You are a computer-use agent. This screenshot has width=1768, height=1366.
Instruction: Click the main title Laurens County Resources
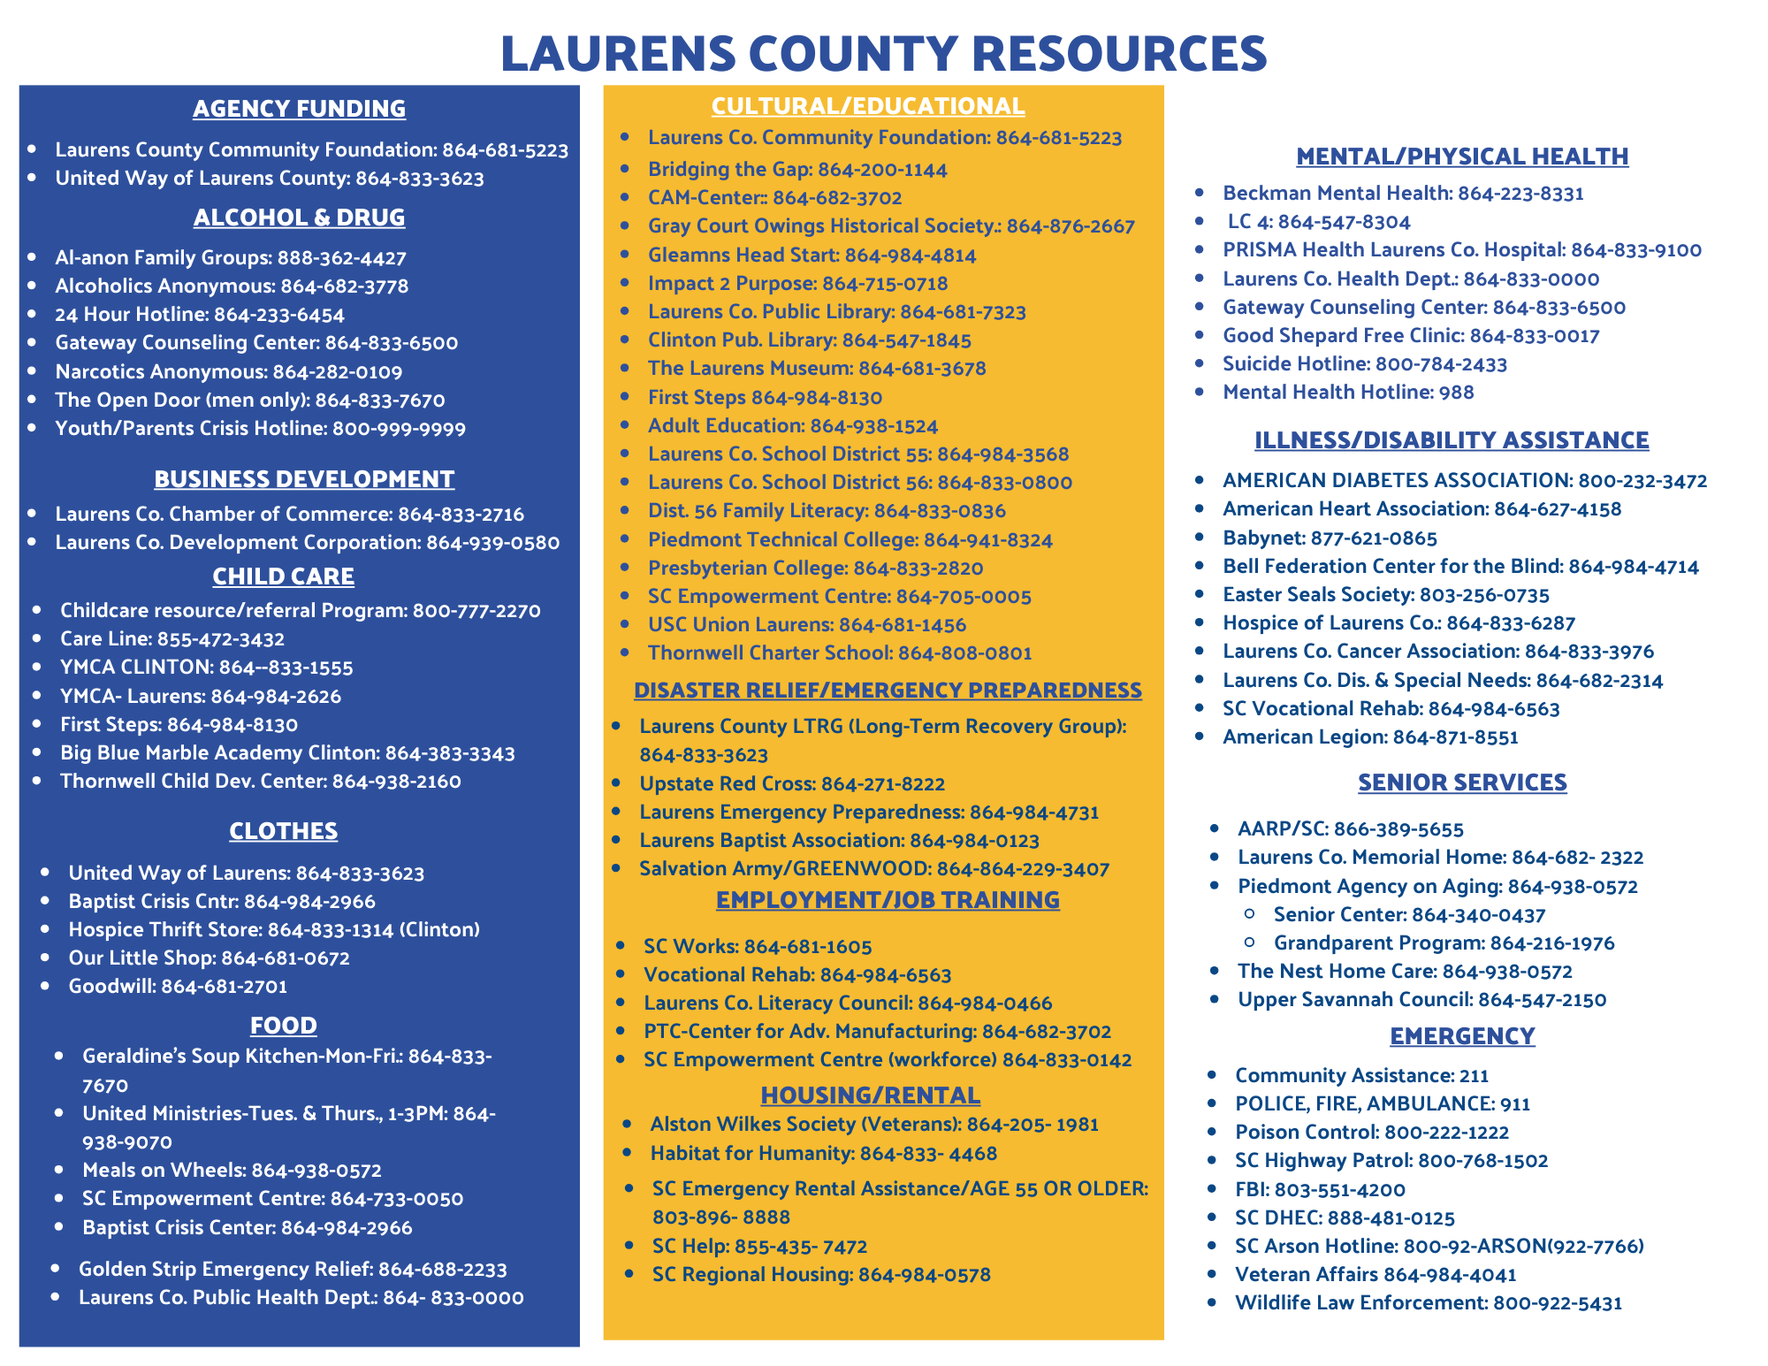883,53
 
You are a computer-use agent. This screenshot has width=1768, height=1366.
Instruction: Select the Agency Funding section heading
299,109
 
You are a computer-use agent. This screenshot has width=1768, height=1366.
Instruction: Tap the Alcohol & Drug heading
299,217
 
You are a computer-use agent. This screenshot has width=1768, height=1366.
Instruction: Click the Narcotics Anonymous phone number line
228,372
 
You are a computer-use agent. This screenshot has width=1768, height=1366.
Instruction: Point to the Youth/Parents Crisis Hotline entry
260,429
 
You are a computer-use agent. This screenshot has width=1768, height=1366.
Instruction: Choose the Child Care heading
283,576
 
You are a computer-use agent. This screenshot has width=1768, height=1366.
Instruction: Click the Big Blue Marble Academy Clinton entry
287,753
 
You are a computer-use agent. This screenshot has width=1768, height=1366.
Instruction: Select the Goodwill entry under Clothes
178,987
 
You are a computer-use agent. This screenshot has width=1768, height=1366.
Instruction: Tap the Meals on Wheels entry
232,1171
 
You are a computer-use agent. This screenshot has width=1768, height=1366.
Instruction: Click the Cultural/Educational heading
868,106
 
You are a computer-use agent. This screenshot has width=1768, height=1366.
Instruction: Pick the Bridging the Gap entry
797,170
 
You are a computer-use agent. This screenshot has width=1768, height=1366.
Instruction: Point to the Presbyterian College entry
815,569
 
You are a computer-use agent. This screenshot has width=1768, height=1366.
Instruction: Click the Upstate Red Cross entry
792,784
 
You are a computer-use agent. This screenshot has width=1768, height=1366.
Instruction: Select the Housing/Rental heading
870,1095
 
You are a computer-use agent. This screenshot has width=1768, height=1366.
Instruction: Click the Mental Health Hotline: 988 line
1348,393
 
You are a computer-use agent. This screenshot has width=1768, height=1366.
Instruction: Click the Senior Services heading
1462,782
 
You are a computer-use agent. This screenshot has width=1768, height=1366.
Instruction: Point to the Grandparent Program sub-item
1444,943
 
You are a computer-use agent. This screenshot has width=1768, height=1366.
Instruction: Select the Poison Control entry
1372,1133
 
